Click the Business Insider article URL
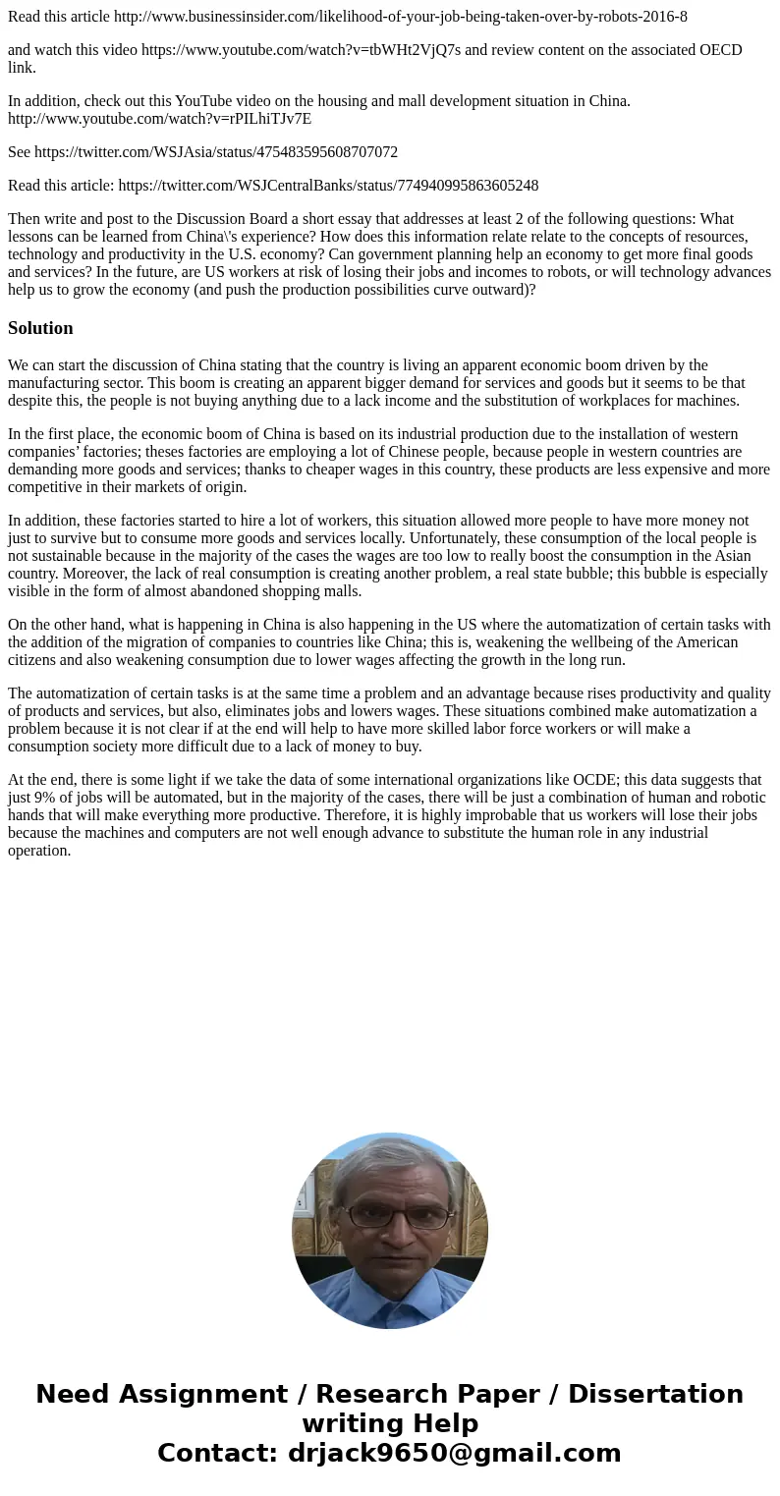point(401,17)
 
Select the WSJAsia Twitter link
point(216,152)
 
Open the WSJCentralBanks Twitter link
point(328,186)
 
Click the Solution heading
point(40,328)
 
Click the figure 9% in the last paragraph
point(52,798)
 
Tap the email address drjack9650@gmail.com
point(454,1453)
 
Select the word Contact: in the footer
point(218,1453)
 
